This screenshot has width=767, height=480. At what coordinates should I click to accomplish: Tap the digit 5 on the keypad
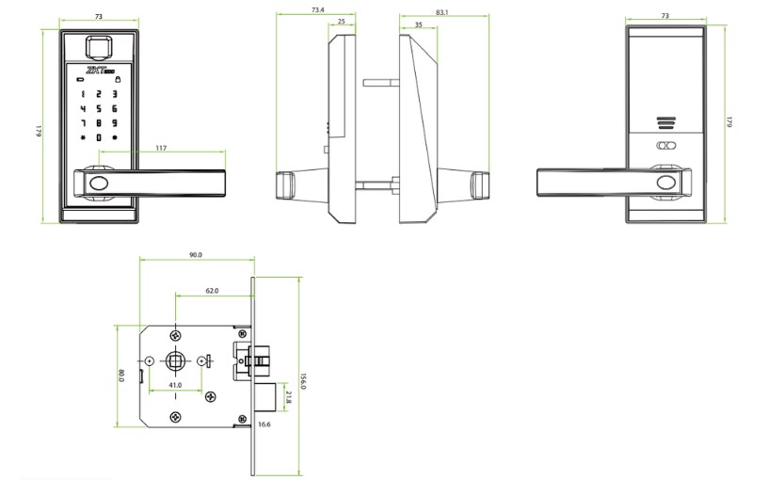pos(98,109)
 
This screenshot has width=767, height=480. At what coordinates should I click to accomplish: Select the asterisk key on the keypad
pos(82,137)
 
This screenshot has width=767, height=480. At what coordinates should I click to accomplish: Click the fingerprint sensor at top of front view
pos(98,45)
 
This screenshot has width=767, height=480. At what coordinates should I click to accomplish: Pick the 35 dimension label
pos(418,25)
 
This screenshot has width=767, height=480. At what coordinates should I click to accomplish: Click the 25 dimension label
pos(340,21)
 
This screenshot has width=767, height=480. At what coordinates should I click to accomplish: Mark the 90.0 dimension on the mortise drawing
pos(196,255)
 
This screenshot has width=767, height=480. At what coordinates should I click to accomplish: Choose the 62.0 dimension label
pos(212,291)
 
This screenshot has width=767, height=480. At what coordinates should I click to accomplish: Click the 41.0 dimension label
pos(176,385)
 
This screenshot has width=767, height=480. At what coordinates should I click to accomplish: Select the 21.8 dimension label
pos(288,398)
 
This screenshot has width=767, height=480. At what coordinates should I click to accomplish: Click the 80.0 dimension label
pos(121,376)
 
